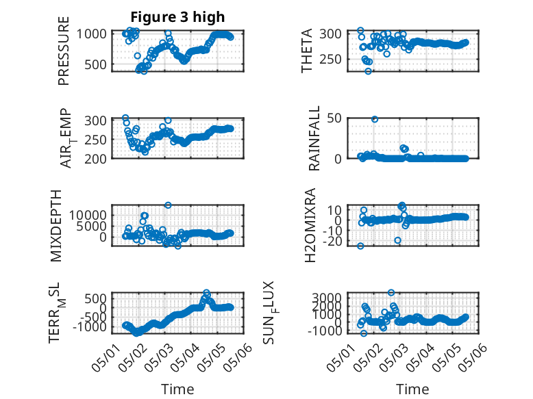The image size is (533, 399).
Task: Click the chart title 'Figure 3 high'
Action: (177, 17)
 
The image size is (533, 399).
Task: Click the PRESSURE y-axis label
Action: (64, 51)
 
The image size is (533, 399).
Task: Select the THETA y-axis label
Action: (307, 51)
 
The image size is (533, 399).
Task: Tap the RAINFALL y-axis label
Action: (314, 138)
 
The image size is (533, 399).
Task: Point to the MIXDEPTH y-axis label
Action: (56, 226)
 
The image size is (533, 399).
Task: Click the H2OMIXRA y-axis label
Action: (310, 225)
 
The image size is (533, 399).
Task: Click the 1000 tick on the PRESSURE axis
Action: (91, 34)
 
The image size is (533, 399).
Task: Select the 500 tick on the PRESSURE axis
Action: (95, 64)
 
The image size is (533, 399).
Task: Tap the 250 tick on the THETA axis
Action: (330, 60)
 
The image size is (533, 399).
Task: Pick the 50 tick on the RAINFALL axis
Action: (334, 118)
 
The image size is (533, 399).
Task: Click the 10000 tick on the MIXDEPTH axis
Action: (88, 215)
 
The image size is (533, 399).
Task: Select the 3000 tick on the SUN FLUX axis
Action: (327, 298)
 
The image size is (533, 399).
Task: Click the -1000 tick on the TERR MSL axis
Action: (89, 327)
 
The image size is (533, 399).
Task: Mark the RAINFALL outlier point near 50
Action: (375, 119)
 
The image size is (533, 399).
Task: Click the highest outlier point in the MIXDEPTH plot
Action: (168, 205)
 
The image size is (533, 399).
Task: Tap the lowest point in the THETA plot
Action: (368, 71)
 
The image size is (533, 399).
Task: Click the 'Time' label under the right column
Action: (412, 389)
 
